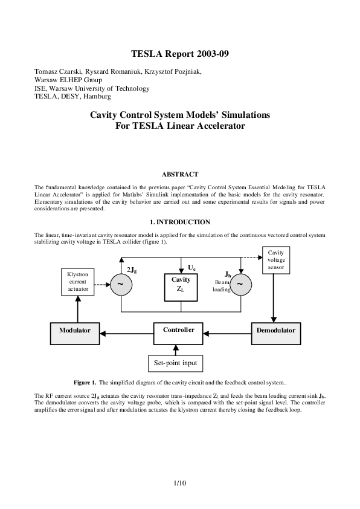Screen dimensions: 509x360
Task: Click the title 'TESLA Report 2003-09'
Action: pos(180,54)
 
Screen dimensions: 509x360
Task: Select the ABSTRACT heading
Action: pos(180,174)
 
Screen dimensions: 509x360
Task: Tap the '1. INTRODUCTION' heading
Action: pos(180,222)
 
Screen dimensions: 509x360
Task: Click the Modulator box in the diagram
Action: pos(75,331)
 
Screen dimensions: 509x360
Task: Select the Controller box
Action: pos(179,331)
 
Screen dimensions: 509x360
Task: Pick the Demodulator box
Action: pos(275,331)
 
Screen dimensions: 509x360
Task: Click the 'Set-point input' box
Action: pos(175,363)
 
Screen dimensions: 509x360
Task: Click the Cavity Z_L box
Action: pos(181,284)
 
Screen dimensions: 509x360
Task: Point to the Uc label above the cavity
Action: pos(191,267)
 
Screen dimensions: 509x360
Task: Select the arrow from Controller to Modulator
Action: pos(124,331)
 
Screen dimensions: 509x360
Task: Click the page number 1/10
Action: pos(179,483)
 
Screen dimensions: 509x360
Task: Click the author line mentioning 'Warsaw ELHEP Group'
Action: pos(68,80)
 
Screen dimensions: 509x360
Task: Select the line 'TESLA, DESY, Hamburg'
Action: pos(72,96)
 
